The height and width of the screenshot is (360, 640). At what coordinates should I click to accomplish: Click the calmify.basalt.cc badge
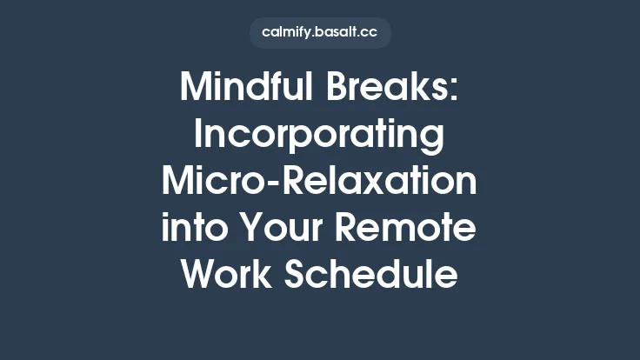point(320,33)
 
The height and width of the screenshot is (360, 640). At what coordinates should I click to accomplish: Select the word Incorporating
point(320,136)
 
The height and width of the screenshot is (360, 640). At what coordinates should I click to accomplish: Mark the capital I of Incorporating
point(197,136)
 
